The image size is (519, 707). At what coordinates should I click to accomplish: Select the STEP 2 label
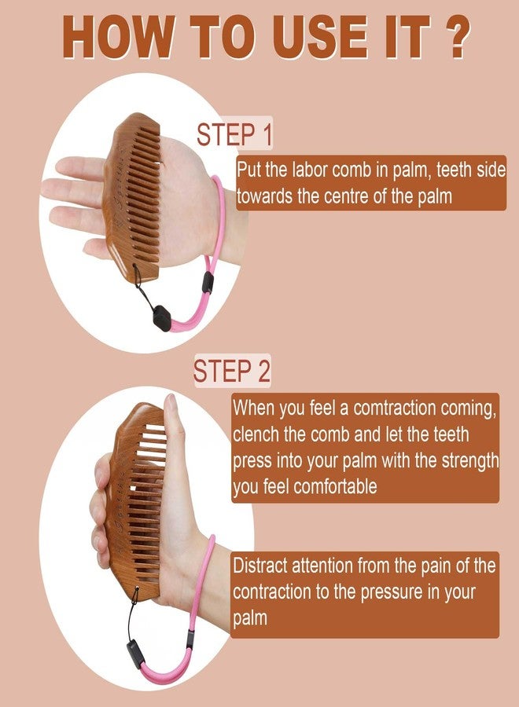click(232, 371)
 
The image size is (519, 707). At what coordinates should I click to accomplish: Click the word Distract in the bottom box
click(260, 566)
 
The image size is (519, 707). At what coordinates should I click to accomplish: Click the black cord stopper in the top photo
click(162, 318)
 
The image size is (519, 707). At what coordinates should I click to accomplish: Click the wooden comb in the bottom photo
click(135, 500)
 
